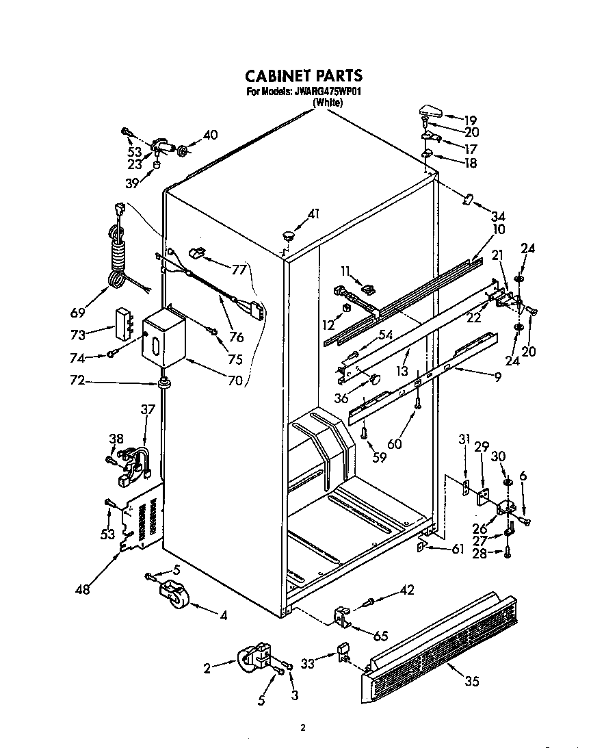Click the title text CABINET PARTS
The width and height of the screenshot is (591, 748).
(x=303, y=75)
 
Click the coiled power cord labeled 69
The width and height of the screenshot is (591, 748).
(x=120, y=253)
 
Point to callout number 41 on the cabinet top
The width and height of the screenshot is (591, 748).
(x=313, y=214)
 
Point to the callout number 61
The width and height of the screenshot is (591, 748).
(x=456, y=548)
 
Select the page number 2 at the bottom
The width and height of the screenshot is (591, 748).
(x=302, y=728)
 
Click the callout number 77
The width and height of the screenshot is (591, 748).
(x=238, y=270)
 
